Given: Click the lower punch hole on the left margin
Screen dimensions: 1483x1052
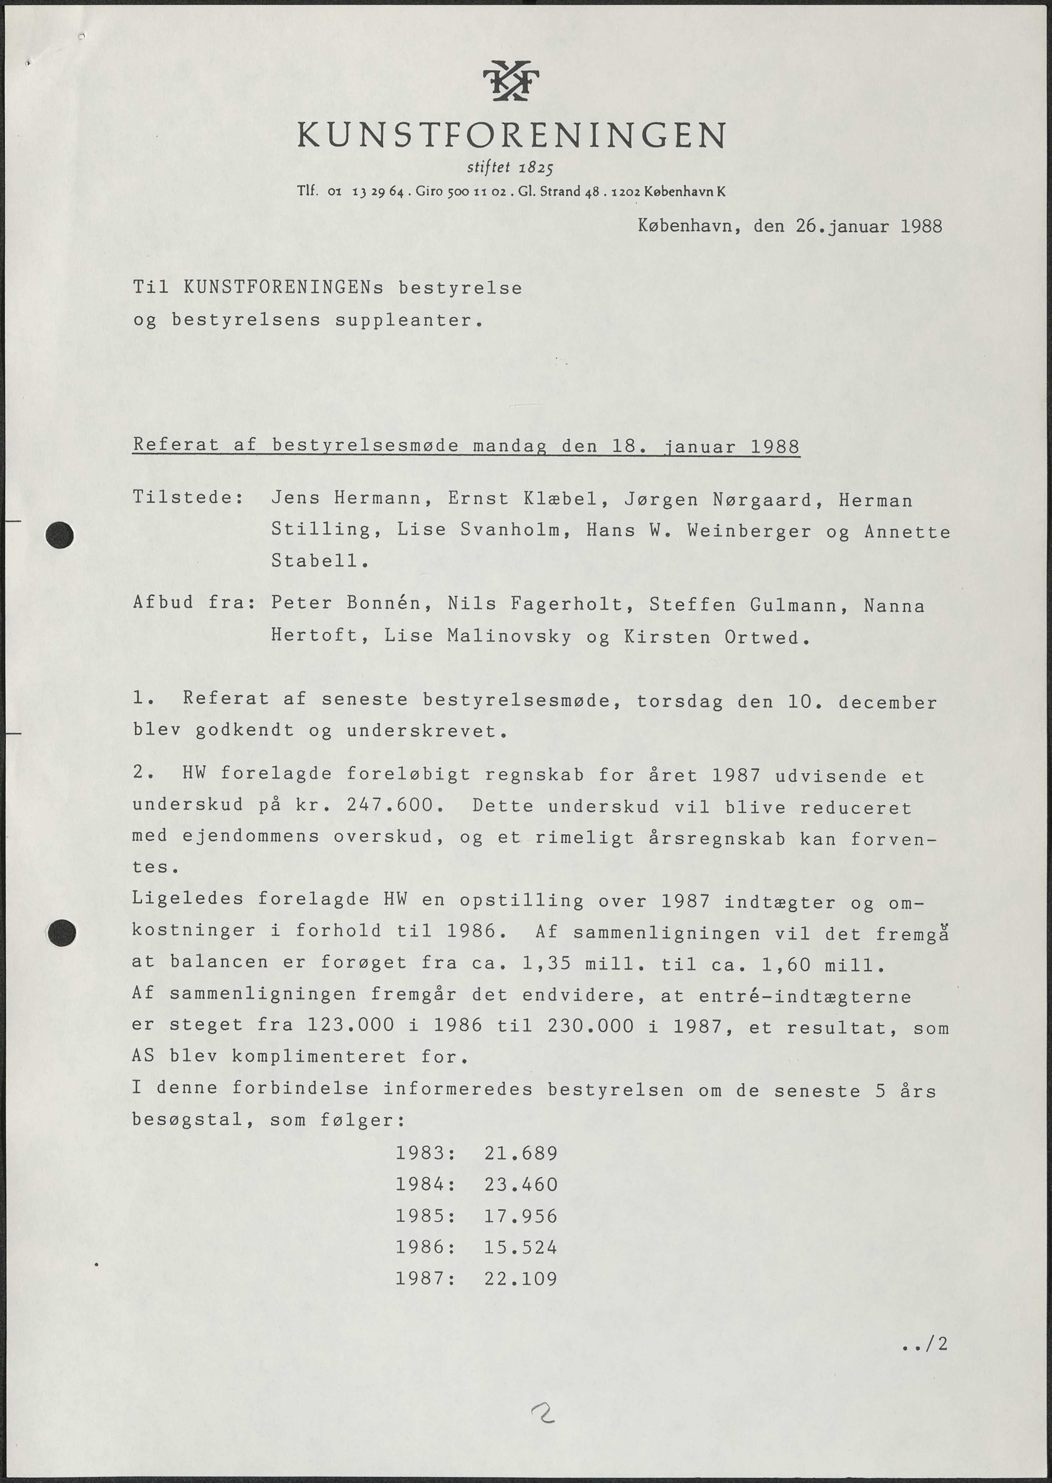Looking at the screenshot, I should [61, 933].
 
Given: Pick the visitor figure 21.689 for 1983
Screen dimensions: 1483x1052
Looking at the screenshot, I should [521, 1153].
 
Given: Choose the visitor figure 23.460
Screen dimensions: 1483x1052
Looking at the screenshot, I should [521, 1184].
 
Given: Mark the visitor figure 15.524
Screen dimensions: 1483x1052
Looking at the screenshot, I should [521, 1247].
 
